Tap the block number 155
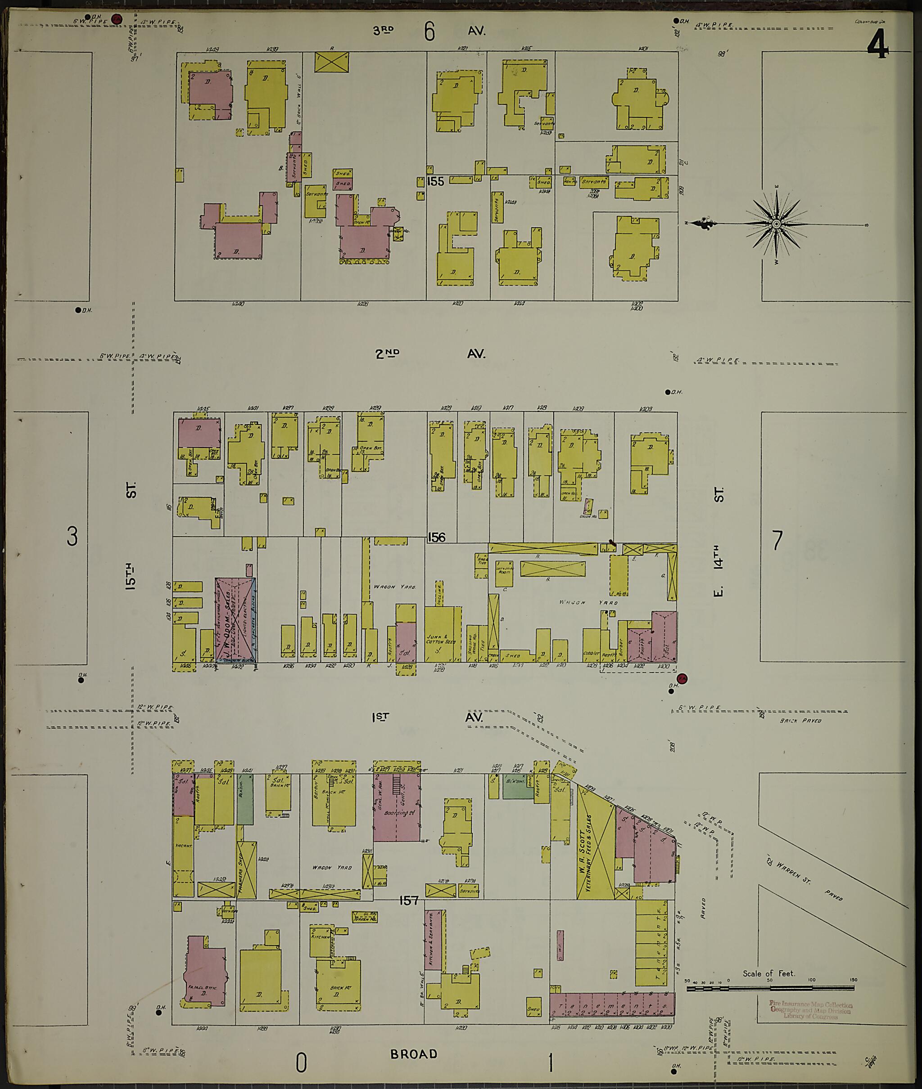[435, 181]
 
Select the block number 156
[436, 537]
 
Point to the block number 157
[408, 901]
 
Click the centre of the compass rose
[776, 224]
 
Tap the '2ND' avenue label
[387, 354]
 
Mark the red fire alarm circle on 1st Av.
[682, 678]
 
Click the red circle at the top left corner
[117, 19]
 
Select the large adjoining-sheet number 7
[777, 541]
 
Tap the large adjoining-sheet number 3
[72, 536]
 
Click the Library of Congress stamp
[810, 1010]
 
